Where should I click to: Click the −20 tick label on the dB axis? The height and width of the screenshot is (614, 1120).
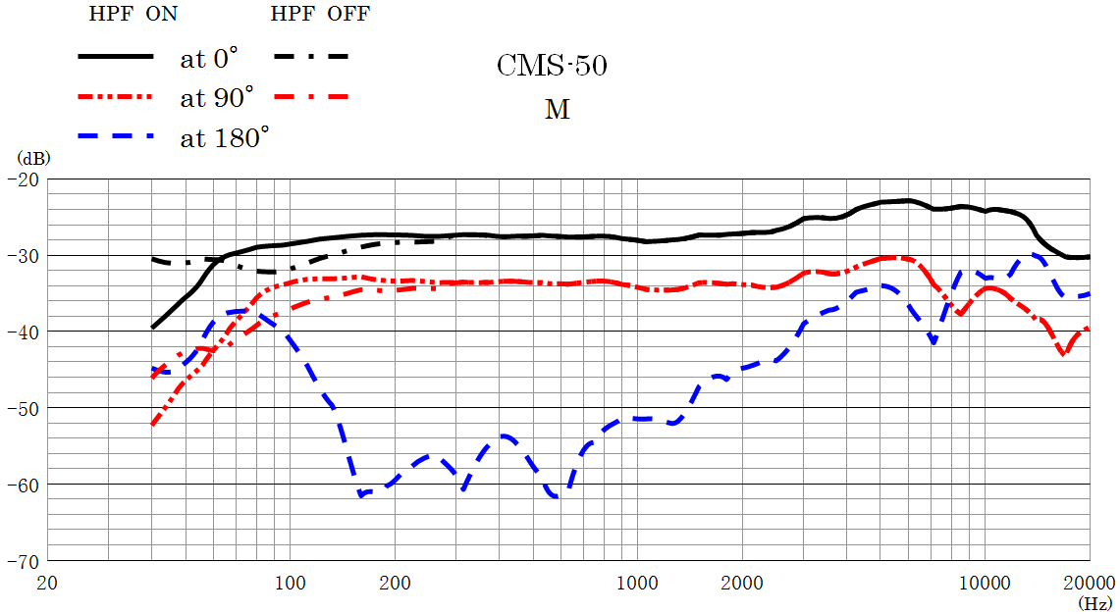click(x=22, y=179)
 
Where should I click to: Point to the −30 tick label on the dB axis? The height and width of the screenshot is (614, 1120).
click(x=22, y=256)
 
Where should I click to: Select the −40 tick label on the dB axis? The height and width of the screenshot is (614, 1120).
click(x=22, y=332)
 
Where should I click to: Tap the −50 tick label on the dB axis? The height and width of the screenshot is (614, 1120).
click(x=22, y=408)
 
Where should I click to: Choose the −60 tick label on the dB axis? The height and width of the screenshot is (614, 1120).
click(x=22, y=485)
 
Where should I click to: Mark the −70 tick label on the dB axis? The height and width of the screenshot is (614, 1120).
click(x=22, y=560)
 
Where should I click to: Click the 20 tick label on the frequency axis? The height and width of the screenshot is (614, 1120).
click(x=46, y=582)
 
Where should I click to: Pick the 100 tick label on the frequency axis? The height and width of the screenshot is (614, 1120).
click(x=290, y=582)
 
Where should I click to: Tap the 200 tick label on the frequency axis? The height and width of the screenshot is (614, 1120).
click(x=395, y=582)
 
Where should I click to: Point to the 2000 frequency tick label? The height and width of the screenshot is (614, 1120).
click(x=742, y=582)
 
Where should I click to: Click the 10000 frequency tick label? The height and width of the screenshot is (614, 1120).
click(x=985, y=582)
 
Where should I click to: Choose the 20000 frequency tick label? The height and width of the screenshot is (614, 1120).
click(x=1089, y=582)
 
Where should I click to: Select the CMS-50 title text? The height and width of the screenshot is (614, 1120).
click(x=552, y=67)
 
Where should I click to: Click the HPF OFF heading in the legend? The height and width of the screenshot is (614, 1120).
click(x=320, y=14)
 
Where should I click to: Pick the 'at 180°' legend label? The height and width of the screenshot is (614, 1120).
click(x=224, y=137)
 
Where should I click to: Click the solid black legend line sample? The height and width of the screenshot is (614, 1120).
click(x=116, y=57)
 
